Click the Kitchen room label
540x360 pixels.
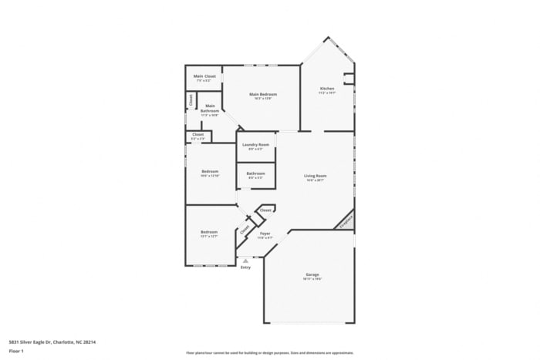tap(327, 89)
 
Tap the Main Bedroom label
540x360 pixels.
tap(263, 94)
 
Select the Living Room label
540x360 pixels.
tap(315, 176)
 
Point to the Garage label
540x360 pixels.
tap(312, 274)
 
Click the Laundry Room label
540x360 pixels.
tap(255, 145)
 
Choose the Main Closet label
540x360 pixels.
tap(204, 76)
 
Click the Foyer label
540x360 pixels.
tap(265, 234)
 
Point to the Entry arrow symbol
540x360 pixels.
tap(245, 261)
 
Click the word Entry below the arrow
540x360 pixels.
tap(245, 267)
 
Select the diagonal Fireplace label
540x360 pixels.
tap(346, 221)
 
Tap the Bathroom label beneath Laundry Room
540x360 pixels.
tap(256, 173)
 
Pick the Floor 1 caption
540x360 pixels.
tap(16, 351)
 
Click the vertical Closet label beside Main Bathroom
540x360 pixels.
tap(191, 99)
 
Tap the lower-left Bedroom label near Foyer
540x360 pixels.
tap(209, 232)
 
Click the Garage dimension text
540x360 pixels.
tap(312, 279)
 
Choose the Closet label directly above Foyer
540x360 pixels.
tap(265, 210)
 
